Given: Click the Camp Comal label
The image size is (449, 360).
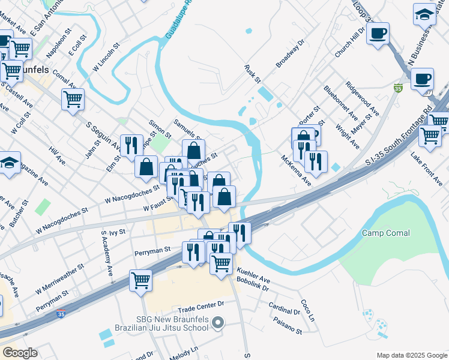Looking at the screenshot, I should click(385, 233).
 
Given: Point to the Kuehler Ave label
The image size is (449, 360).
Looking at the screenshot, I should click(253, 275).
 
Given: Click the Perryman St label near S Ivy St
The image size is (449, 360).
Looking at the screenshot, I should click(152, 248).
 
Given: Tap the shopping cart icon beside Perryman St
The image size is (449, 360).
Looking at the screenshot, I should click(140, 280).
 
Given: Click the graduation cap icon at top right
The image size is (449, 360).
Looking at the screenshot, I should click(424, 13).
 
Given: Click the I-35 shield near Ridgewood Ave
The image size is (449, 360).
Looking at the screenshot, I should click(398, 88).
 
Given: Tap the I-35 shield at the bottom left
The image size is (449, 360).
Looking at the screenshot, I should click(61, 313).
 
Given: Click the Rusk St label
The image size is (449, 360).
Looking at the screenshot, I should click(253, 74).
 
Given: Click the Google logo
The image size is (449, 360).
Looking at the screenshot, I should click(20, 353).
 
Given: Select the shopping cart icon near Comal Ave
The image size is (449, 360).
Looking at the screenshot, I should click(73, 98).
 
